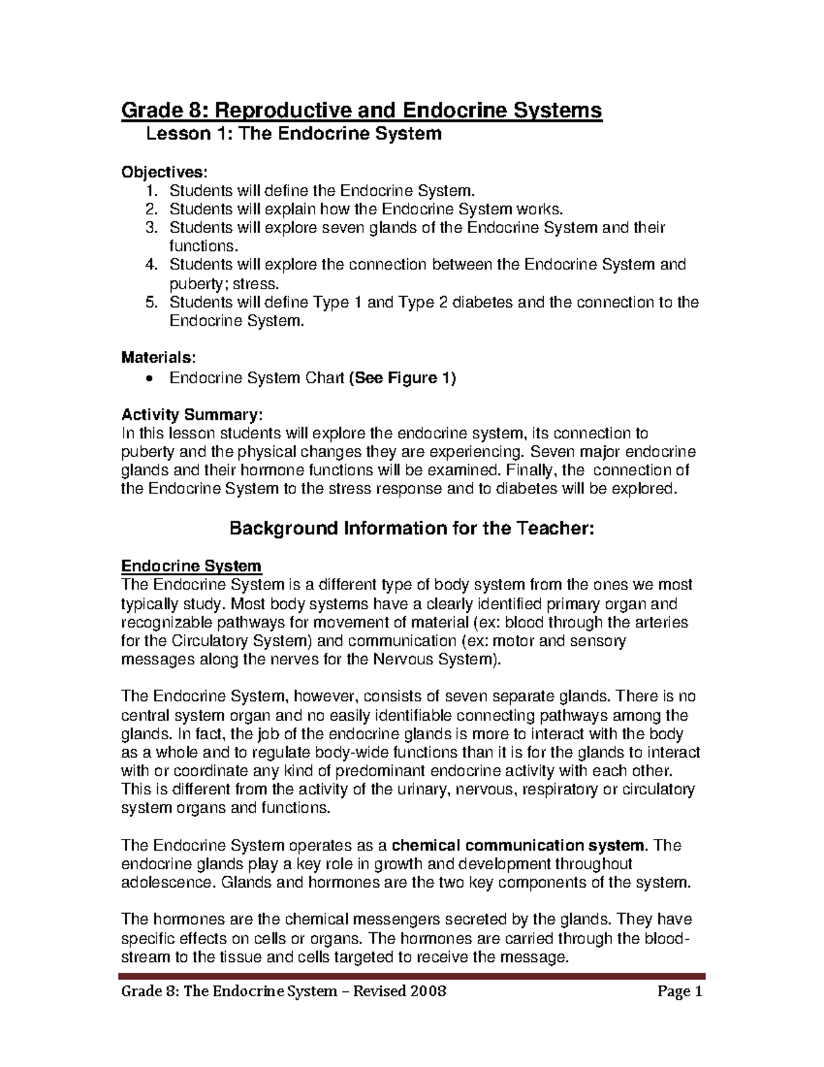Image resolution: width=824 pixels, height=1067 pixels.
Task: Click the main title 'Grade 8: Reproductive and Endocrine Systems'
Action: coord(361,110)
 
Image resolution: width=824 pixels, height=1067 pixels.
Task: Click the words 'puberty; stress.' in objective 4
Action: coord(225,284)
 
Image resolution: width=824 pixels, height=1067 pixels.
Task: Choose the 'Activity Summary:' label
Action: coord(191,414)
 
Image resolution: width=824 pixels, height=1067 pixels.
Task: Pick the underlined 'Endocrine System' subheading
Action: coord(191,566)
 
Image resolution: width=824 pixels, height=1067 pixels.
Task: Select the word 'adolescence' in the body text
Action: coord(167,882)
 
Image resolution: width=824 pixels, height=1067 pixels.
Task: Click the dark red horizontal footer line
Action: coord(412,976)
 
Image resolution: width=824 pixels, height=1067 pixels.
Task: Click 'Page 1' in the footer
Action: coord(680,991)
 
